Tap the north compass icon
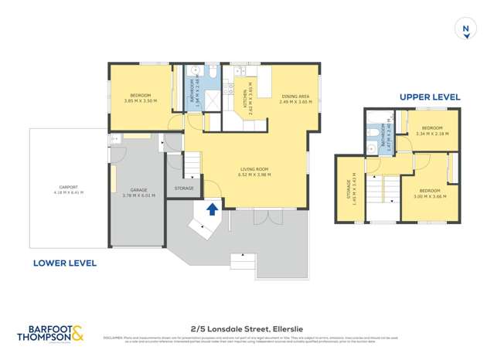(x=465, y=29)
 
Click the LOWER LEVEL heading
(x=65, y=263)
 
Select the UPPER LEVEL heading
(x=430, y=97)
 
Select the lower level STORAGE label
(x=184, y=188)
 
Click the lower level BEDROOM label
(x=140, y=97)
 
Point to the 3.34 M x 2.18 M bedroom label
(x=431, y=131)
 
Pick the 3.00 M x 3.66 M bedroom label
(x=429, y=193)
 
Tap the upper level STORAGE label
(x=352, y=189)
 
